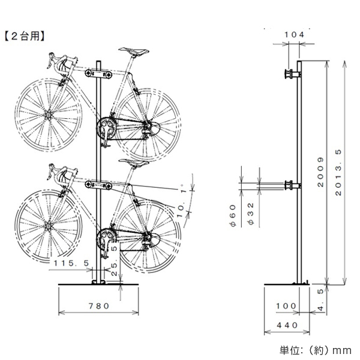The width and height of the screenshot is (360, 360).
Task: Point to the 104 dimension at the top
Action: [293, 35]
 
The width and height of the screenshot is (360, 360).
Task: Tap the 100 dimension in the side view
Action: [286, 306]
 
